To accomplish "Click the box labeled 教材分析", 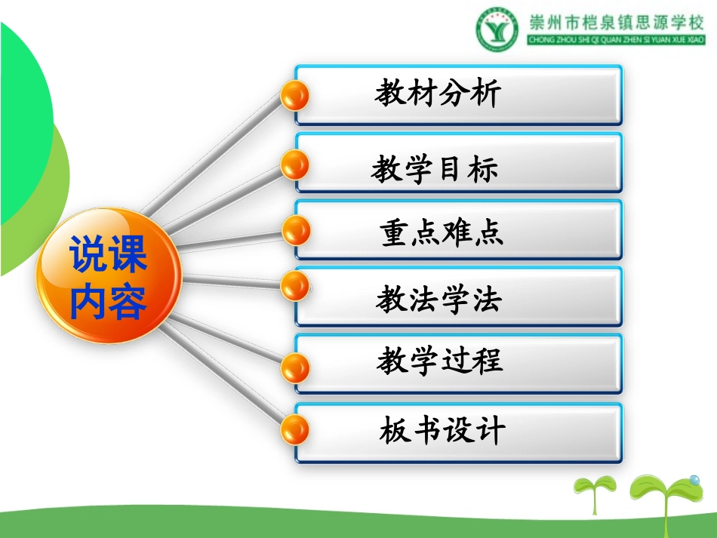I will click(x=459, y=94).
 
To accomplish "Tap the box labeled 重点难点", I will click(x=459, y=229).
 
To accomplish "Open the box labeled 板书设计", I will click(x=459, y=432).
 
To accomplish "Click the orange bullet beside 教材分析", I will click(x=295, y=95).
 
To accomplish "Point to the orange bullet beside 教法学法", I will click(x=295, y=285).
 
